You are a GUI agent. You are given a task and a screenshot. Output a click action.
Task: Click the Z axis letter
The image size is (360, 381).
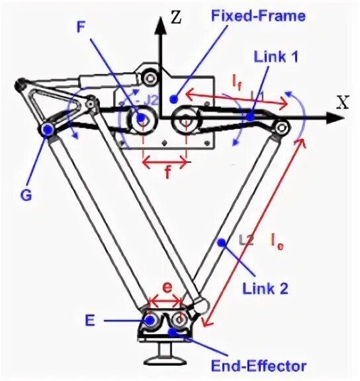tap(175, 18)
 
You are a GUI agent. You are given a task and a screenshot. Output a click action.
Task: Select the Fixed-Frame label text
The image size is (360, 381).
tap(257, 15)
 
